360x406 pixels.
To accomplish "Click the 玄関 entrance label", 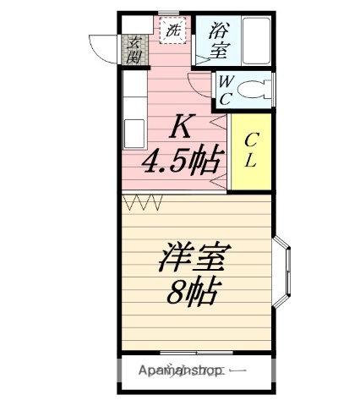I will tap(134, 50).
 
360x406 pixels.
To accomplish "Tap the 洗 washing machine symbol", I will tap(172, 31).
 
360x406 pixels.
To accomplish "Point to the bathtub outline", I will tap(253, 40).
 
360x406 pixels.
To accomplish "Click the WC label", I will tap(225, 89).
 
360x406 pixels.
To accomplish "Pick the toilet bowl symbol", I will tap(257, 87).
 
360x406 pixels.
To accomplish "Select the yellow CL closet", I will tap(251, 151).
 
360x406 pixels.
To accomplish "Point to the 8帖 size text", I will tap(194, 294).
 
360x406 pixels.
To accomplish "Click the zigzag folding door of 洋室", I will tap(142, 202).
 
